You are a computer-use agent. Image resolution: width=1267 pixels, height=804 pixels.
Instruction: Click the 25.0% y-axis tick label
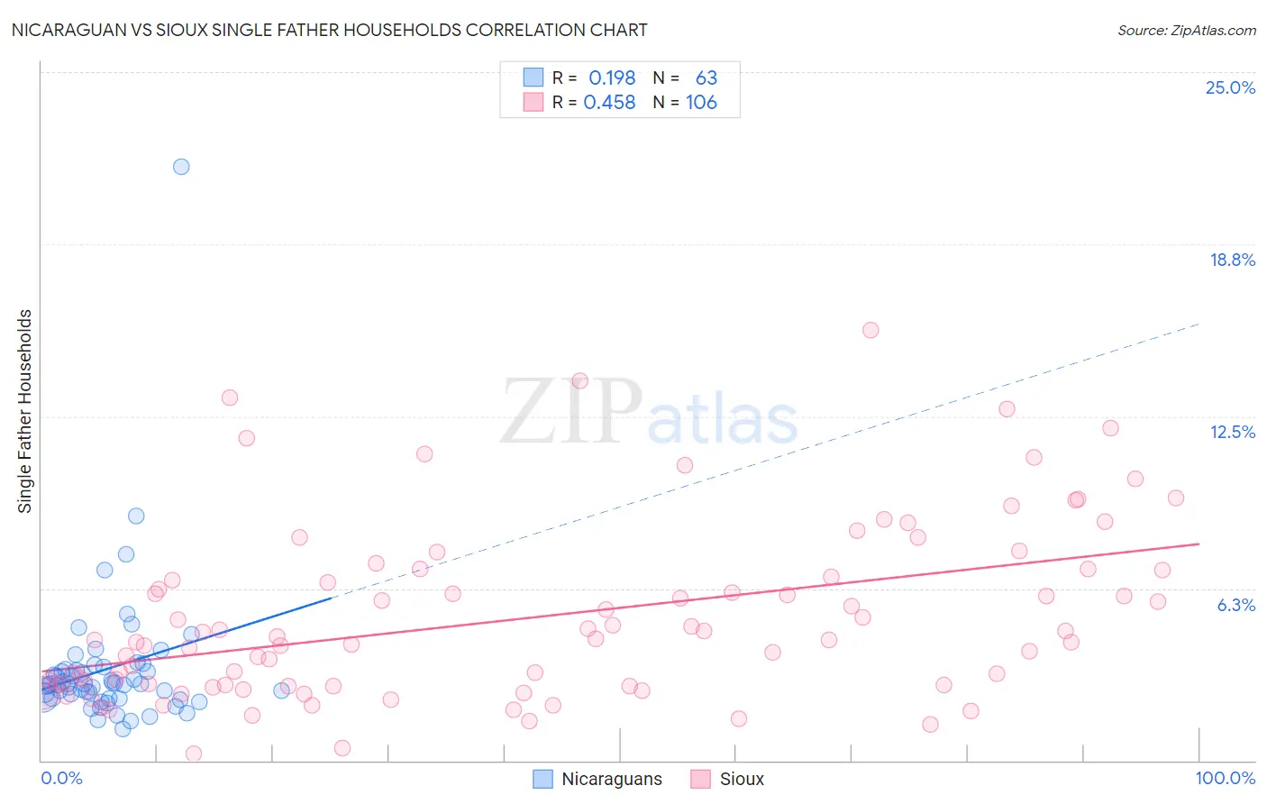pos(1230,87)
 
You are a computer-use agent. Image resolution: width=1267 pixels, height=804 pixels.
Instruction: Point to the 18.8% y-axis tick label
pos(1232,260)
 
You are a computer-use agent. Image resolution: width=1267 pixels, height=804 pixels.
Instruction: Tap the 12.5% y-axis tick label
pos(1232,432)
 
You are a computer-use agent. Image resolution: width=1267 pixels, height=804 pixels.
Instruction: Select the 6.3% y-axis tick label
pos(1235,605)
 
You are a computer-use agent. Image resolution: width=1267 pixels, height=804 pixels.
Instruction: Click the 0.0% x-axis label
pos(61,778)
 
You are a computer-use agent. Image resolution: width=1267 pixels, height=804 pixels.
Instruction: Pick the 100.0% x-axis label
pos(1225,778)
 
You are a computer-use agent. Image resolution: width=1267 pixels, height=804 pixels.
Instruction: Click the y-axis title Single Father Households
pos(25,411)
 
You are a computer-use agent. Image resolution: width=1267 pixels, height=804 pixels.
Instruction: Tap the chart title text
pos(329,30)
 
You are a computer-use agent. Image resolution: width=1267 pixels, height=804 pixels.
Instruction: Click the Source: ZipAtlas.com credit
pos(1186,30)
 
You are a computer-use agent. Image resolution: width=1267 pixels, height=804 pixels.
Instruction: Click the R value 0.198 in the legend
pos(612,78)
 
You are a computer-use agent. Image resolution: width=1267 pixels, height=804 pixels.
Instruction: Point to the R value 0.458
pos(609,103)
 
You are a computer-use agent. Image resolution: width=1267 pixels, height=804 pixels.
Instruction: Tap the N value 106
pos(701,103)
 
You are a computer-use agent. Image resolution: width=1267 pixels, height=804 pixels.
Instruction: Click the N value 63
pos(706,78)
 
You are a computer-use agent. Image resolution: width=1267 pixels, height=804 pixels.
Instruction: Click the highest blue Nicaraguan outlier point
pos(181,167)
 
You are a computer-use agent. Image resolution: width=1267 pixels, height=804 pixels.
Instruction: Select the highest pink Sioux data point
pos(870,330)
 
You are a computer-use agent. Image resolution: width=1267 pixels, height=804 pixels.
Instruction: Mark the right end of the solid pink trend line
pos(1199,544)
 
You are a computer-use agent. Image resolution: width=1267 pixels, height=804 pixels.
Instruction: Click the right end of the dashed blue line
pos(1199,324)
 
